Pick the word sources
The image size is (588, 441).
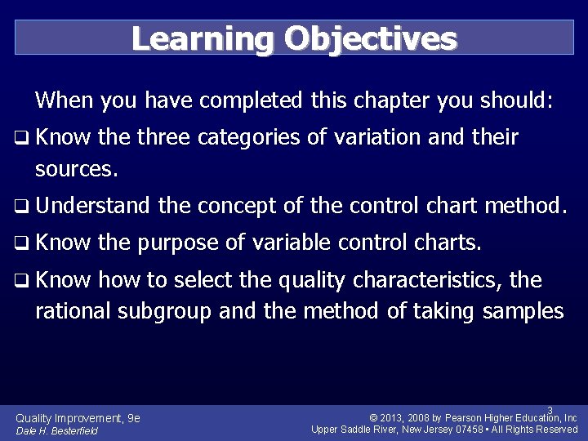pyautogui.click(x=78, y=171)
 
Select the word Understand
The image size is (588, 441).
pyautogui.click(x=93, y=207)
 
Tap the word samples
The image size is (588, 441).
pyautogui.click(x=523, y=311)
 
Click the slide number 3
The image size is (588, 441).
pyautogui.click(x=550, y=410)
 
